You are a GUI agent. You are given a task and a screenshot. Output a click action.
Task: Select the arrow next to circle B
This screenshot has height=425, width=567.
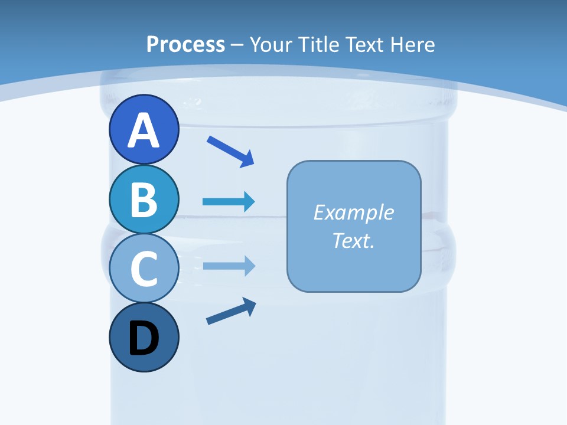(229, 202)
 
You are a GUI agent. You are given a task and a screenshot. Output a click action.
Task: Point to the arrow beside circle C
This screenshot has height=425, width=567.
(229, 266)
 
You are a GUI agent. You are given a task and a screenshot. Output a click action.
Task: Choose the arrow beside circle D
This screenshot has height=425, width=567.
(231, 311)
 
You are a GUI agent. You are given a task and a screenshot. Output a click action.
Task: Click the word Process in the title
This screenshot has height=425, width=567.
(185, 44)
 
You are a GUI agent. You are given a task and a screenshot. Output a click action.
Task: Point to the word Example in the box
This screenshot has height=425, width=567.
(353, 212)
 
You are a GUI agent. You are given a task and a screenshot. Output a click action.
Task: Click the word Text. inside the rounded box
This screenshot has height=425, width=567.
(353, 240)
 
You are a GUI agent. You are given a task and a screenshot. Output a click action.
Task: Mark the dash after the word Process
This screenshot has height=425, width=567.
(237, 45)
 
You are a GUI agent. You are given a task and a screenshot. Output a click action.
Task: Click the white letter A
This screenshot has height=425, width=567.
(144, 130)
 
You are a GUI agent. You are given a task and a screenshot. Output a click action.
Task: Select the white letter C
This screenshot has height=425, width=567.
(144, 269)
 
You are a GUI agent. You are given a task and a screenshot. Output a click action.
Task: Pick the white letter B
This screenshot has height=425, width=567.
(144, 199)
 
